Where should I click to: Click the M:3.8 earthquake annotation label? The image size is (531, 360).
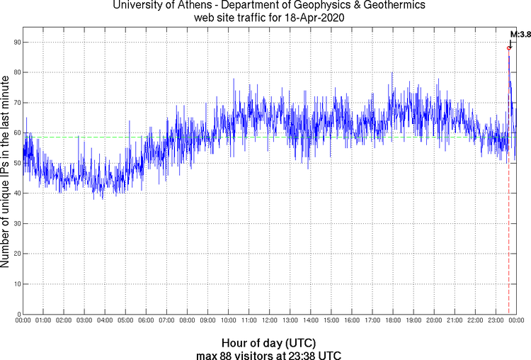[x=520, y=33]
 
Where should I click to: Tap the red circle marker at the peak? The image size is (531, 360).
[x=508, y=48]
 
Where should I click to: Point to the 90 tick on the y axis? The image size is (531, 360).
[x=16, y=42]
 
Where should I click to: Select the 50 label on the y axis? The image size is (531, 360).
[x=16, y=163]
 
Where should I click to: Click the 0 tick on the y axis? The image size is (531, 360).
[x=18, y=314]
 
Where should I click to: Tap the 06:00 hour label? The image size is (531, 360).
[x=146, y=320]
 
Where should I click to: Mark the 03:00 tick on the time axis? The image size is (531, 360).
[x=84, y=320]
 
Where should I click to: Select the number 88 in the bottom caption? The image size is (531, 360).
[x=227, y=354]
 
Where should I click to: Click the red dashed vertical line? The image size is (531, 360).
[x=508, y=213]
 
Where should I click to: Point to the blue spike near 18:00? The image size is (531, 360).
[x=392, y=73]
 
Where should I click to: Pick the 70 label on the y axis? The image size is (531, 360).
[x=16, y=103]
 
